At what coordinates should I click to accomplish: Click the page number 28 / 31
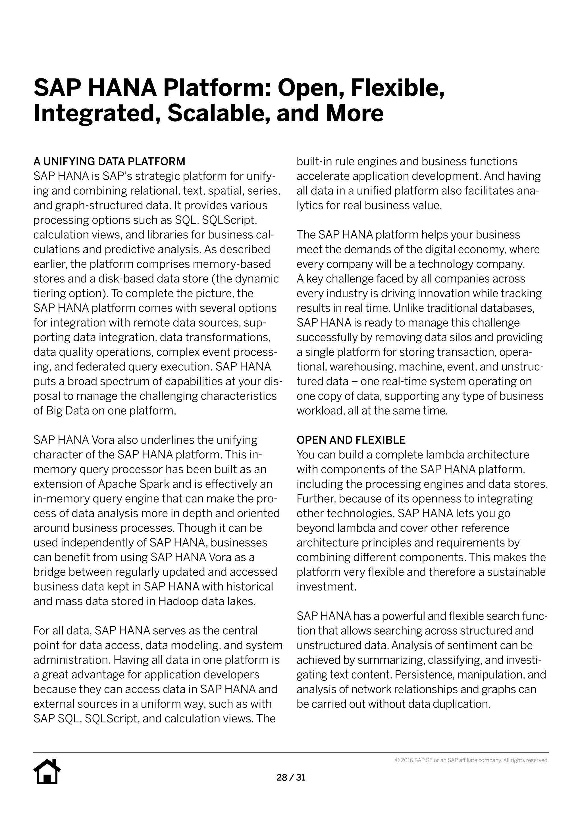click(x=291, y=778)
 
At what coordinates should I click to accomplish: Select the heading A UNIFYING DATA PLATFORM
click(x=109, y=162)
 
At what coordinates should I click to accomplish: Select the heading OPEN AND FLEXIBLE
click(x=351, y=440)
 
